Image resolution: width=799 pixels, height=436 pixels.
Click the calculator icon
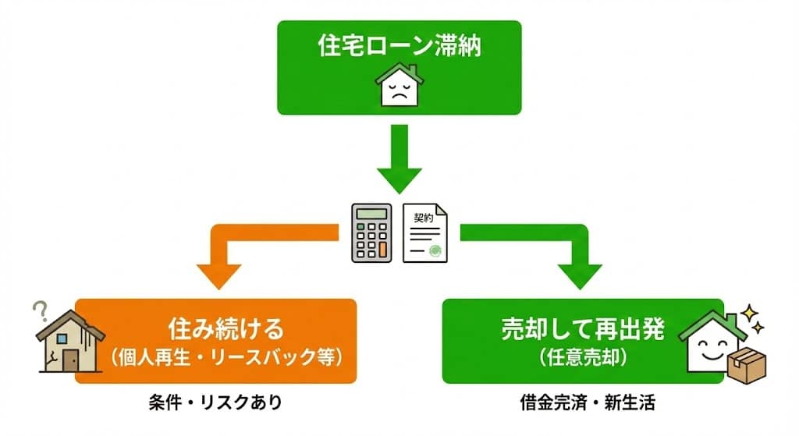click(371, 232)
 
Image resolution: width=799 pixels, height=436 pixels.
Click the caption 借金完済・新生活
click(583, 403)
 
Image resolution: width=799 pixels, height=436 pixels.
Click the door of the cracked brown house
click(70, 359)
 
